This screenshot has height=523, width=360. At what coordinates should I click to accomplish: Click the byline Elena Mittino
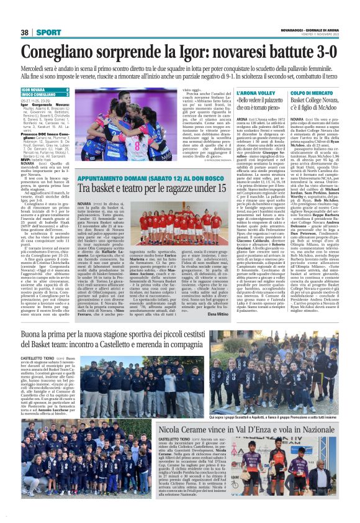(x=220, y=315)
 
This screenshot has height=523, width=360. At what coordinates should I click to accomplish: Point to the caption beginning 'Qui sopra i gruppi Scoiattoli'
(x=248, y=401)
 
